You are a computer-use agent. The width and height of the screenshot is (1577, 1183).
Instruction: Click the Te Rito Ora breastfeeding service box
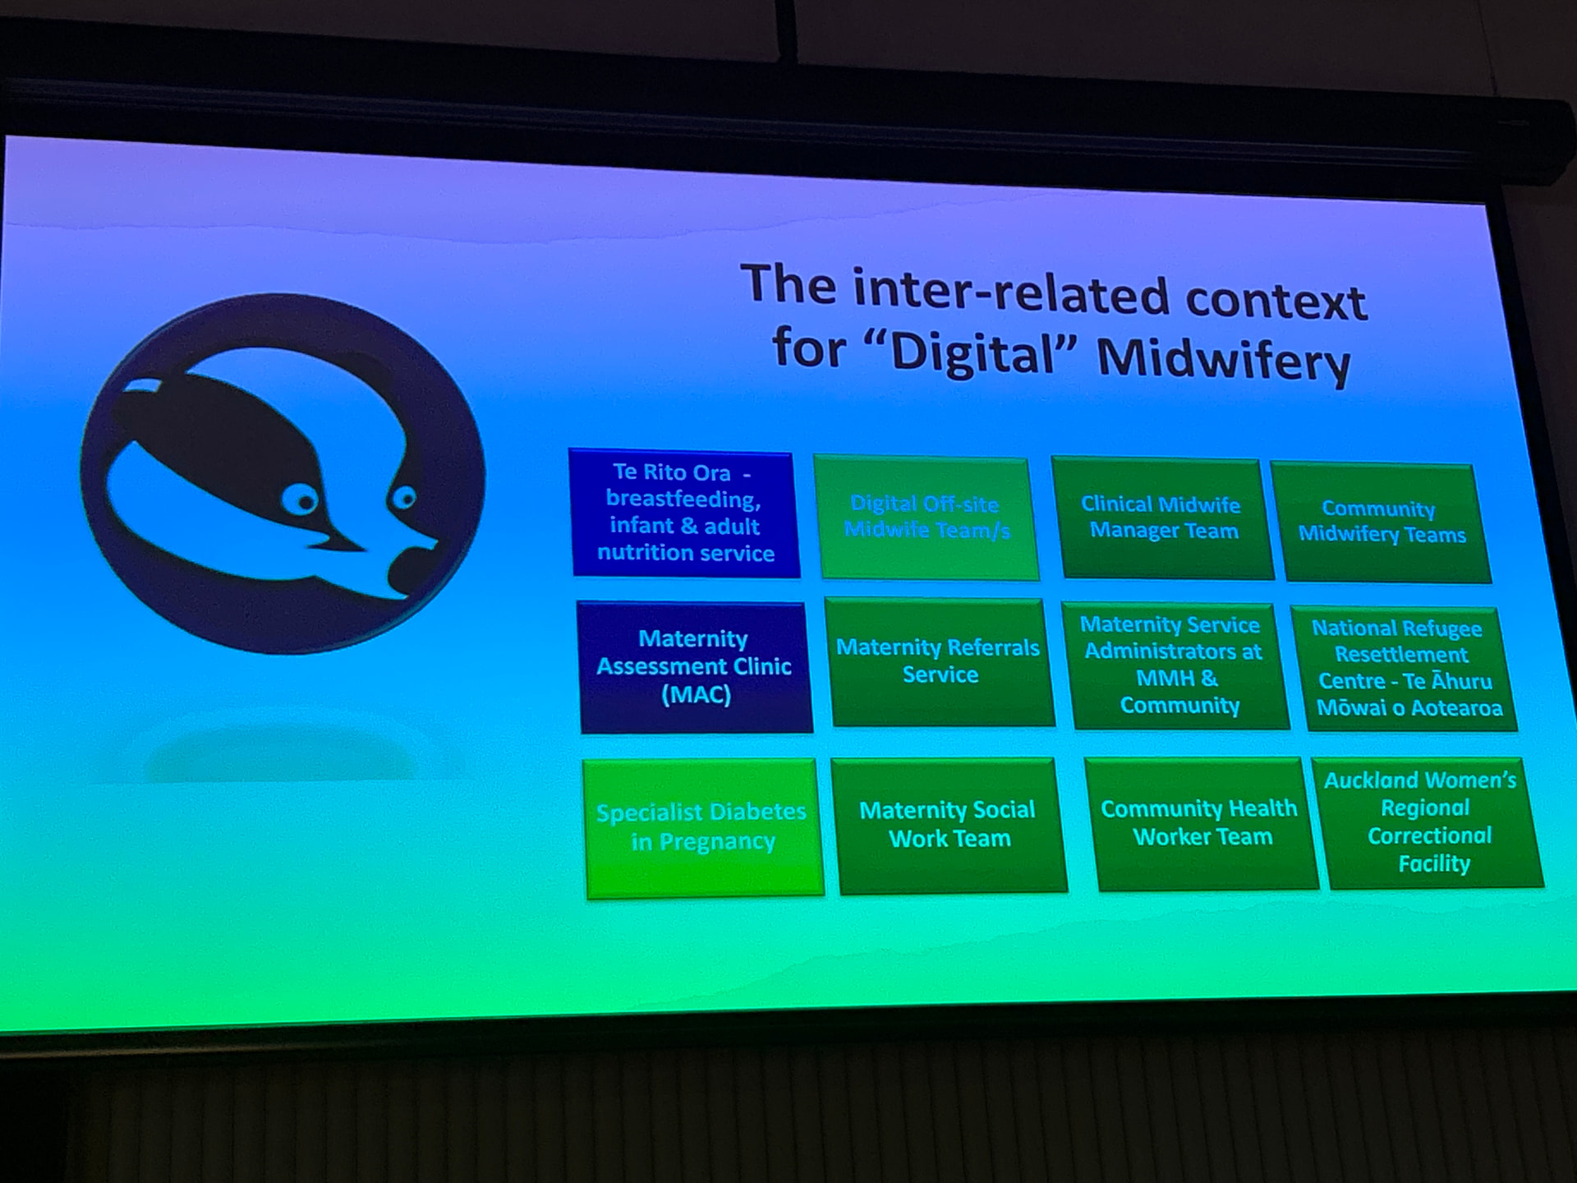(x=684, y=513)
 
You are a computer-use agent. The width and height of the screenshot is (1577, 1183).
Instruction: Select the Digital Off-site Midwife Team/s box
(x=926, y=518)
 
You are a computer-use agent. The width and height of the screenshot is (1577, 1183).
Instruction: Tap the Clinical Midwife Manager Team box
(x=1161, y=519)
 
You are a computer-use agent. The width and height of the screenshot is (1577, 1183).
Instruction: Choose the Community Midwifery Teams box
(x=1382, y=522)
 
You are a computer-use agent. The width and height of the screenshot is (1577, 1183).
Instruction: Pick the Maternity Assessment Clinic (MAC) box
(x=696, y=667)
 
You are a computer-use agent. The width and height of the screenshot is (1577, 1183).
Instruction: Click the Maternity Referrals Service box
(x=940, y=662)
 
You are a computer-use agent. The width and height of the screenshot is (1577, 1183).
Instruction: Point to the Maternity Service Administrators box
(x=1175, y=665)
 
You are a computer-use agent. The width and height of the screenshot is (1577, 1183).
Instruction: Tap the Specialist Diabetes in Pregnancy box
(x=703, y=828)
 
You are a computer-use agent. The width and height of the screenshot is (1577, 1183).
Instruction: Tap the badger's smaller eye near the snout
(x=403, y=498)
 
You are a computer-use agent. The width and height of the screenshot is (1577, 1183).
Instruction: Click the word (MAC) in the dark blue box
(x=697, y=694)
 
